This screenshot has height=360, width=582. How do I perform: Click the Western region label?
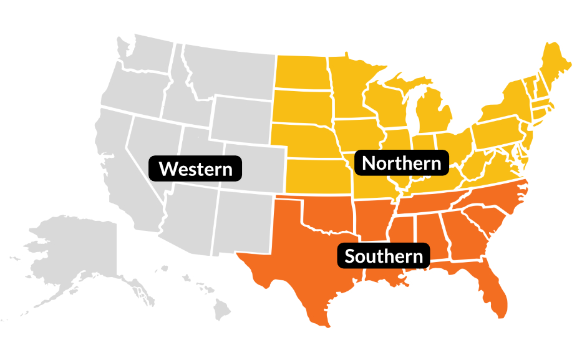tap(195, 168)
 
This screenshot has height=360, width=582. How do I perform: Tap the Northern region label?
tap(401, 163)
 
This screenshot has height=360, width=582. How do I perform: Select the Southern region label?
tap(383, 256)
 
